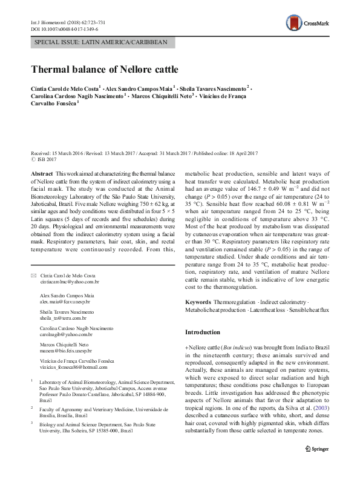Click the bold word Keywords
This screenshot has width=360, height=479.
click(x=198, y=302)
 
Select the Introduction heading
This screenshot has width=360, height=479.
click(x=203, y=332)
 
